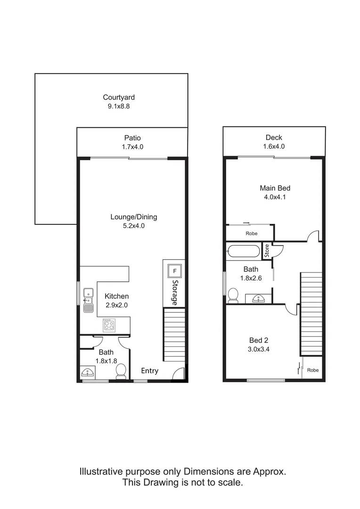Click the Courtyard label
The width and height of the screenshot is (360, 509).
tap(119, 98)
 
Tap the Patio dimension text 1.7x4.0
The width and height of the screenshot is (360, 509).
tap(132, 147)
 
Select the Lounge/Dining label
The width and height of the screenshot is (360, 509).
tap(133, 217)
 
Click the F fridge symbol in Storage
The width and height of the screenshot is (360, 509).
tap(174, 271)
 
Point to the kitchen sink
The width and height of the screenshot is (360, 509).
tap(88, 301)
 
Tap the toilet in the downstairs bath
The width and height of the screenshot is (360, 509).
tap(121, 371)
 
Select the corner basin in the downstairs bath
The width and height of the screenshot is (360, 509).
tap(87, 373)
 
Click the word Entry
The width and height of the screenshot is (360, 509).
tap(150, 371)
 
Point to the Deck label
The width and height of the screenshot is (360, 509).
tap(274, 138)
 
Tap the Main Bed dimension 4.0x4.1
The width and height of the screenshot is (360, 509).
tap(275, 197)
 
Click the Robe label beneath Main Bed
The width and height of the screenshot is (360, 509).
tap(251, 233)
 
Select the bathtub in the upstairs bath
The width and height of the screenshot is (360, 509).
tap(243, 251)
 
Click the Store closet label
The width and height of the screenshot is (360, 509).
tap(267, 250)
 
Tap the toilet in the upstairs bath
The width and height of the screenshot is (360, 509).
tap(233, 295)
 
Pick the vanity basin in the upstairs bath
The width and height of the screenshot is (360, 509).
tap(258, 298)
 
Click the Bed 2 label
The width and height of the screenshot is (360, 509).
tap(259, 340)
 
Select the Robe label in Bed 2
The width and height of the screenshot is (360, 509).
tap(313, 370)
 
